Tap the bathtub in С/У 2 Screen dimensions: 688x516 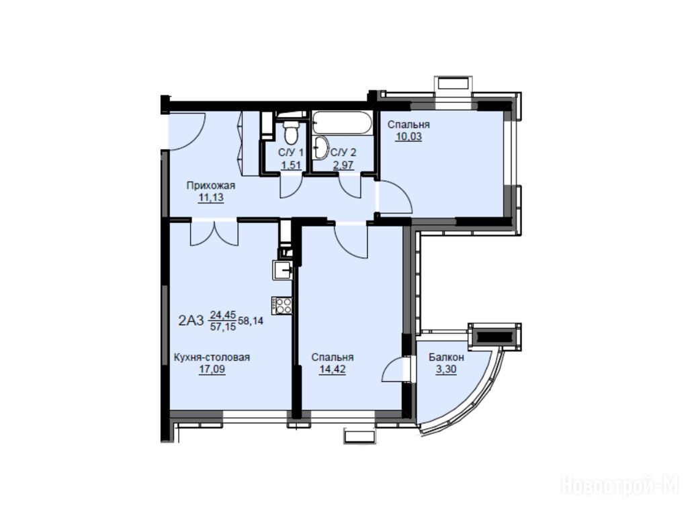click(x=342, y=123)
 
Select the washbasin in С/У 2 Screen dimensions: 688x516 click(x=319, y=147)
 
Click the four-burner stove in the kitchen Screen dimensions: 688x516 click(x=282, y=305)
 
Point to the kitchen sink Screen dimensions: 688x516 click(x=283, y=270)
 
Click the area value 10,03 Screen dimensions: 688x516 click(x=408, y=136)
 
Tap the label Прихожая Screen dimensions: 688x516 click(x=211, y=185)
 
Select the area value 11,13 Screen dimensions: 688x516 click(x=211, y=198)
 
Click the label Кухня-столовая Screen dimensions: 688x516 click(x=212, y=357)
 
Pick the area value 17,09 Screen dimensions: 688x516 click(x=212, y=370)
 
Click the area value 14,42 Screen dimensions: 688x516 click(x=332, y=370)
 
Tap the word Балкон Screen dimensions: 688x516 click(x=446, y=357)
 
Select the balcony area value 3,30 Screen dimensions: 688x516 click(x=446, y=370)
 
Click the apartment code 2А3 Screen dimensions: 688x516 click(x=191, y=320)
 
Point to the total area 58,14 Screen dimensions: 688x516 click(x=251, y=320)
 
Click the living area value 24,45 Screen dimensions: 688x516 click(x=223, y=314)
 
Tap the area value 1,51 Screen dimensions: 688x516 click(x=291, y=165)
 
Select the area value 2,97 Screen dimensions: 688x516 click(x=343, y=165)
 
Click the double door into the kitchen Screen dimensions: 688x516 click(x=214, y=232)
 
